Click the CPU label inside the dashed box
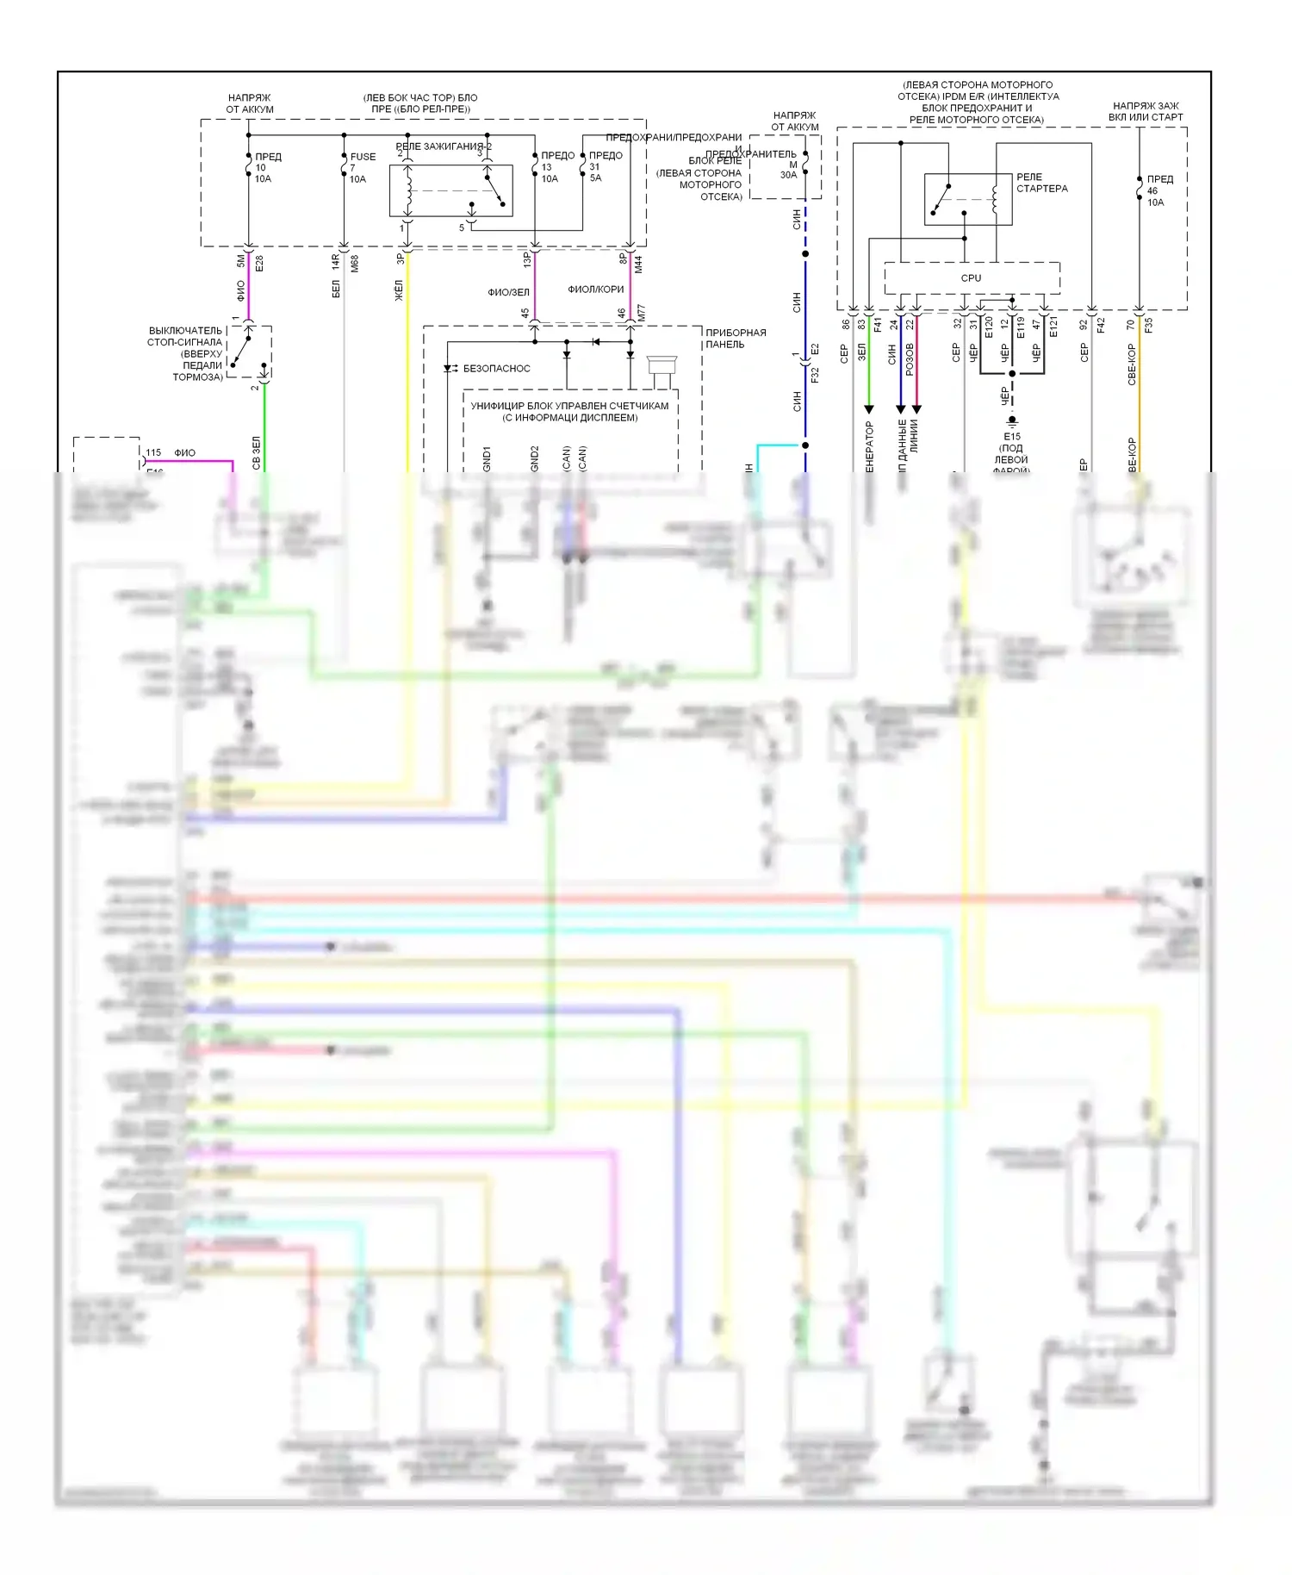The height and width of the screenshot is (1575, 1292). pos(971,278)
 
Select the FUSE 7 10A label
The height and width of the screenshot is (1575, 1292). pos(362,168)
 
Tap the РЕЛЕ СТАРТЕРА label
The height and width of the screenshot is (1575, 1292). pos(1041,183)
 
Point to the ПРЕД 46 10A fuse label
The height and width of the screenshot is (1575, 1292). pos(1158,190)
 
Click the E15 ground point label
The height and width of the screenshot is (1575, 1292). pos(1012,437)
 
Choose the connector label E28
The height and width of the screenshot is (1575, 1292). pos(259,264)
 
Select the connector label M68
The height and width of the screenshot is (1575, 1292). pos(354,264)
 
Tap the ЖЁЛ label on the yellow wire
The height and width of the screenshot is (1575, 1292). pos(399,290)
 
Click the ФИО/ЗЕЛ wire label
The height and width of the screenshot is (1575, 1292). pos(508,293)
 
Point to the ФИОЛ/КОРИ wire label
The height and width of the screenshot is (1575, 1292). pos(595,289)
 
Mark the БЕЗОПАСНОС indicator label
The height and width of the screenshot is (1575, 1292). pos(496,369)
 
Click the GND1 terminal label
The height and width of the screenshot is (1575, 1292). pos(487,458)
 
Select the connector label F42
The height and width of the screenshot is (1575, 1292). pos(1101,326)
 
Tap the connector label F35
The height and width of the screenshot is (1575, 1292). pos(1148,326)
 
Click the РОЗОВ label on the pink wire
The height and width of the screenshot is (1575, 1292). pos(910,359)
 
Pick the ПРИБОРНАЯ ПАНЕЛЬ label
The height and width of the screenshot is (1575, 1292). pos(735,339)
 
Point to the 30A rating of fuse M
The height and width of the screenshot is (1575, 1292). pos(788,176)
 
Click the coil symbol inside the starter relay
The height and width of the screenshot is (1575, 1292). pos(995,198)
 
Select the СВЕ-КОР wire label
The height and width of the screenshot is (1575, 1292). pos(1132,364)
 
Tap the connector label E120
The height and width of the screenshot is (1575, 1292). pos(989,327)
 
